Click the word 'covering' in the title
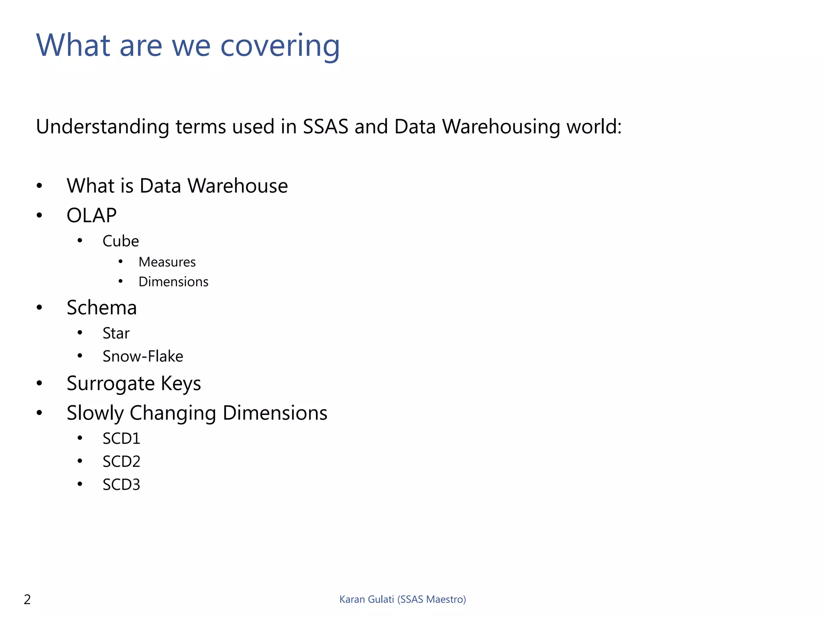280,46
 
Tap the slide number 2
27,599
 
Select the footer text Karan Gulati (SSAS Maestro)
403,599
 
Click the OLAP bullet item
92,215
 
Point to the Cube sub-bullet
120,241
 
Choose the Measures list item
167,262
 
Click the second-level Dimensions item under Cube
173,282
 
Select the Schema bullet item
102,308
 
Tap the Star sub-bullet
116,333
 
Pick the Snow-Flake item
143,356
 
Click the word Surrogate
110,384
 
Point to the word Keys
181,384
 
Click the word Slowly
95,413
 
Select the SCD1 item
121,439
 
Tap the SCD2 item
121,462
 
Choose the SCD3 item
121,485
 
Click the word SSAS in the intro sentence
326,127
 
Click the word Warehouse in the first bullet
238,186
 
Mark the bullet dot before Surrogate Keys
39,383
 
